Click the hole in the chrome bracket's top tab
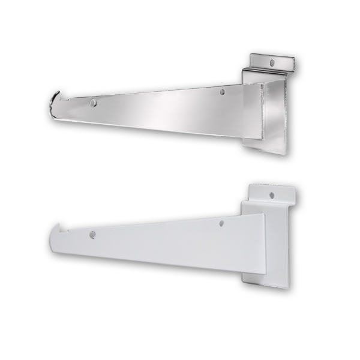[x=272, y=62]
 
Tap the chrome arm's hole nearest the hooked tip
[x=93, y=103]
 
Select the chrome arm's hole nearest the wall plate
[x=222, y=92]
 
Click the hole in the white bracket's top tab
[x=272, y=195]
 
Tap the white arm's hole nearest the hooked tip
[x=93, y=235]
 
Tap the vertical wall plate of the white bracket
[x=276, y=246]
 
